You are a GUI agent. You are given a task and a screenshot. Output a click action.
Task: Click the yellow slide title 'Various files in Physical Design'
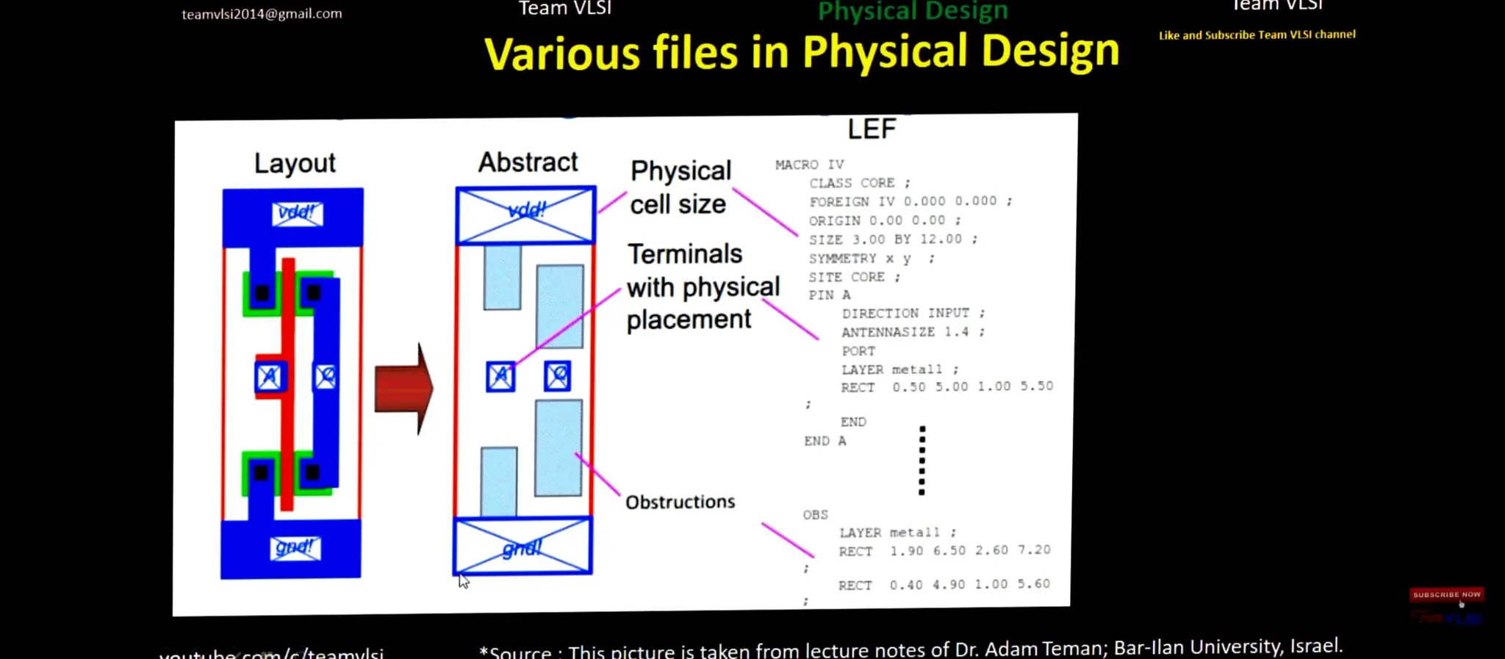click(801, 53)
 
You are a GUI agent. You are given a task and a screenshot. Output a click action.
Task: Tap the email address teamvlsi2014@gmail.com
click(262, 14)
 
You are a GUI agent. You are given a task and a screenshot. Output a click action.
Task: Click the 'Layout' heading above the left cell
click(295, 163)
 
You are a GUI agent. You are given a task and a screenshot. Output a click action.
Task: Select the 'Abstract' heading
click(528, 162)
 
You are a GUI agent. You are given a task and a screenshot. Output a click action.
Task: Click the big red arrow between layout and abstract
click(403, 388)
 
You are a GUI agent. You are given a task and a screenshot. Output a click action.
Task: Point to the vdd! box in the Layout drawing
click(296, 214)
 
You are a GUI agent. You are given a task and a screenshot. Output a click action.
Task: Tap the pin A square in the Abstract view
click(500, 377)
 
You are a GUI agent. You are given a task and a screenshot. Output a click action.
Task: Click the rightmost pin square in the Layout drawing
click(326, 377)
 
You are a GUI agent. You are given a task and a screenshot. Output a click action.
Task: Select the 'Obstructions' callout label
click(680, 503)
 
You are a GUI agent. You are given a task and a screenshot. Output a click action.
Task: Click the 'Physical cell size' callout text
click(680, 187)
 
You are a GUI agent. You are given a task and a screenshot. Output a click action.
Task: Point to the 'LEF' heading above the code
click(872, 130)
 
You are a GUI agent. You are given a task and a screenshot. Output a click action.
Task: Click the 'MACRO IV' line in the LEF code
click(809, 165)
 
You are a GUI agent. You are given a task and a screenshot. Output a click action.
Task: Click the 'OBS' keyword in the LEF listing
click(815, 515)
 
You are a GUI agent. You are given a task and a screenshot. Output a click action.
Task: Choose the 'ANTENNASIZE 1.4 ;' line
click(912, 332)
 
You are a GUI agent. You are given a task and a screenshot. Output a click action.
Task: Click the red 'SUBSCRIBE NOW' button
click(1445, 594)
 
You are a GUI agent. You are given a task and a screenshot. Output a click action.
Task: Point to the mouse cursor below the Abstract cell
click(464, 581)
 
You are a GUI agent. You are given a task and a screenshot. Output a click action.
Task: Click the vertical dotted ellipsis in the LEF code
click(922, 461)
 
